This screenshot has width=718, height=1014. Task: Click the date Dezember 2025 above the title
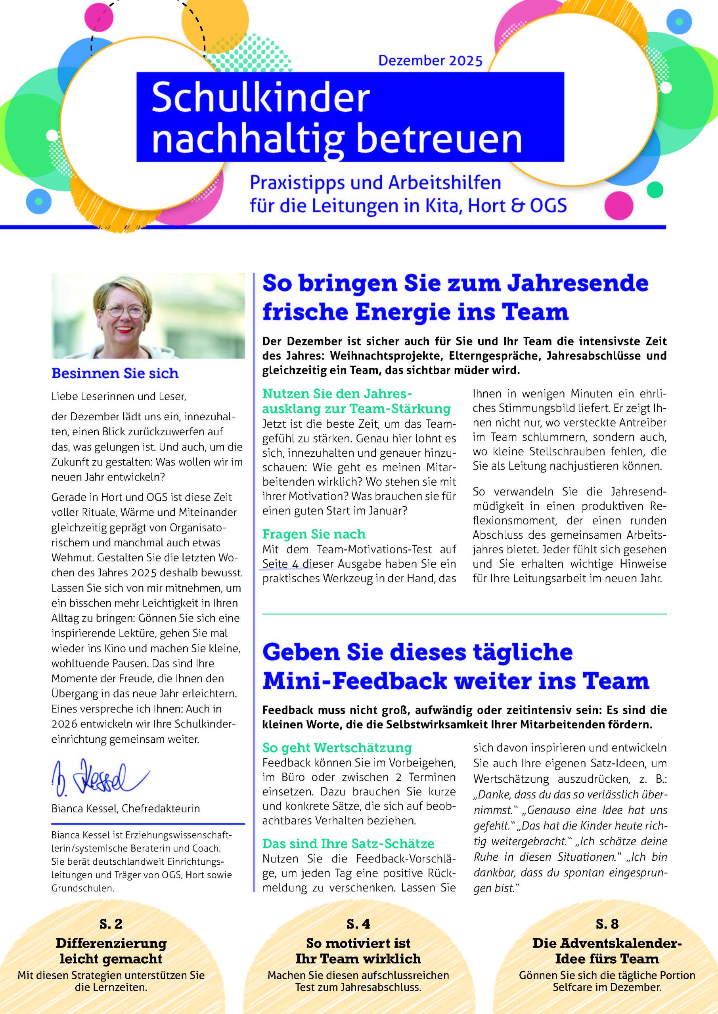click(x=430, y=61)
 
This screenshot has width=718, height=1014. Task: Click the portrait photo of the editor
click(x=148, y=315)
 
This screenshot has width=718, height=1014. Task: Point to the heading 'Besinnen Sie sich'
click(x=115, y=374)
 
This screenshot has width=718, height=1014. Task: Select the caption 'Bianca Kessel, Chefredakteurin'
click(x=126, y=809)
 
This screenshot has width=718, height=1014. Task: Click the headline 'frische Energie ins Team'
click(x=415, y=312)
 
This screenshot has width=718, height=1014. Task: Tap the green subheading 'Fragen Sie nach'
click(x=314, y=534)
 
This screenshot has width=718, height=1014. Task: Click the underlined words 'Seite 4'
click(x=280, y=564)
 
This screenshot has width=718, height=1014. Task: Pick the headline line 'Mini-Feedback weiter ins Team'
click(x=456, y=681)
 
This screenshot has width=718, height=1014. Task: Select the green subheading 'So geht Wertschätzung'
click(x=337, y=748)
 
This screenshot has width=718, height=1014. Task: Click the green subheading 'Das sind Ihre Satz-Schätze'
click(x=348, y=844)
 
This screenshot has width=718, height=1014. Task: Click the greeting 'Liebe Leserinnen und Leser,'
click(x=119, y=396)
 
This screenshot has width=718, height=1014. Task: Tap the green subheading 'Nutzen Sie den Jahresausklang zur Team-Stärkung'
click(x=356, y=401)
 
